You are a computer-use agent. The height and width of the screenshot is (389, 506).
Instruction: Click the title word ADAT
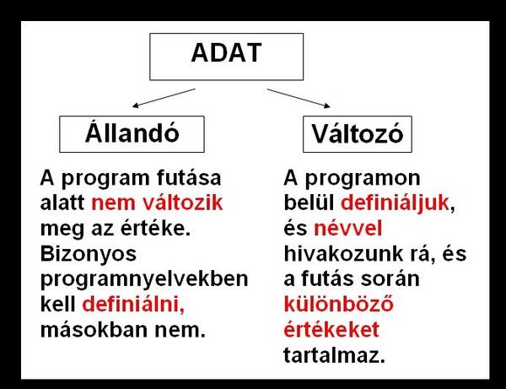pyautogui.click(x=226, y=52)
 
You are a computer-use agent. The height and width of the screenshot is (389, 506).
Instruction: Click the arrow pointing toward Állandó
pyautogui.click(x=164, y=98)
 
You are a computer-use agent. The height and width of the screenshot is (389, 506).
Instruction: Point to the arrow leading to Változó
pyautogui.click(x=299, y=98)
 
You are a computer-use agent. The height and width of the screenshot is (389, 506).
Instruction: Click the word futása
pyautogui.click(x=189, y=177)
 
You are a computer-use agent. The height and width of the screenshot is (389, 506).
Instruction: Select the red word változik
pyautogui.click(x=183, y=203)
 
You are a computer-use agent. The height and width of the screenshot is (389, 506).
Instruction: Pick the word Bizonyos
pyautogui.click(x=89, y=255)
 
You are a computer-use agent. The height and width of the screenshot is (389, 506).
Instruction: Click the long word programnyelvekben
pyautogui.click(x=144, y=279)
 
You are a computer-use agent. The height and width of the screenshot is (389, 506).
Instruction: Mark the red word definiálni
pyautogui.click(x=133, y=304)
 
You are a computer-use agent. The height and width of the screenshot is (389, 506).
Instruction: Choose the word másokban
pyautogui.click(x=94, y=330)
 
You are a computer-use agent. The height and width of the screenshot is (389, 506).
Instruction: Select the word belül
pyautogui.click(x=309, y=203)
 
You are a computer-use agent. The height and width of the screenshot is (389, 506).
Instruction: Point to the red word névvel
pyautogui.click(x=347, y=228)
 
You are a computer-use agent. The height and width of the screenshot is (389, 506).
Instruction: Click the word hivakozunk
pyautogui.click(x=343, y=254)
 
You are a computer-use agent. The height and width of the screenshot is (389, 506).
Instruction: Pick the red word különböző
pyautogui.click(x=338, y=304)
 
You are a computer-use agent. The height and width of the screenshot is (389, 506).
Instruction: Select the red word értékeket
pyautogui.click(x=331, y=329)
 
